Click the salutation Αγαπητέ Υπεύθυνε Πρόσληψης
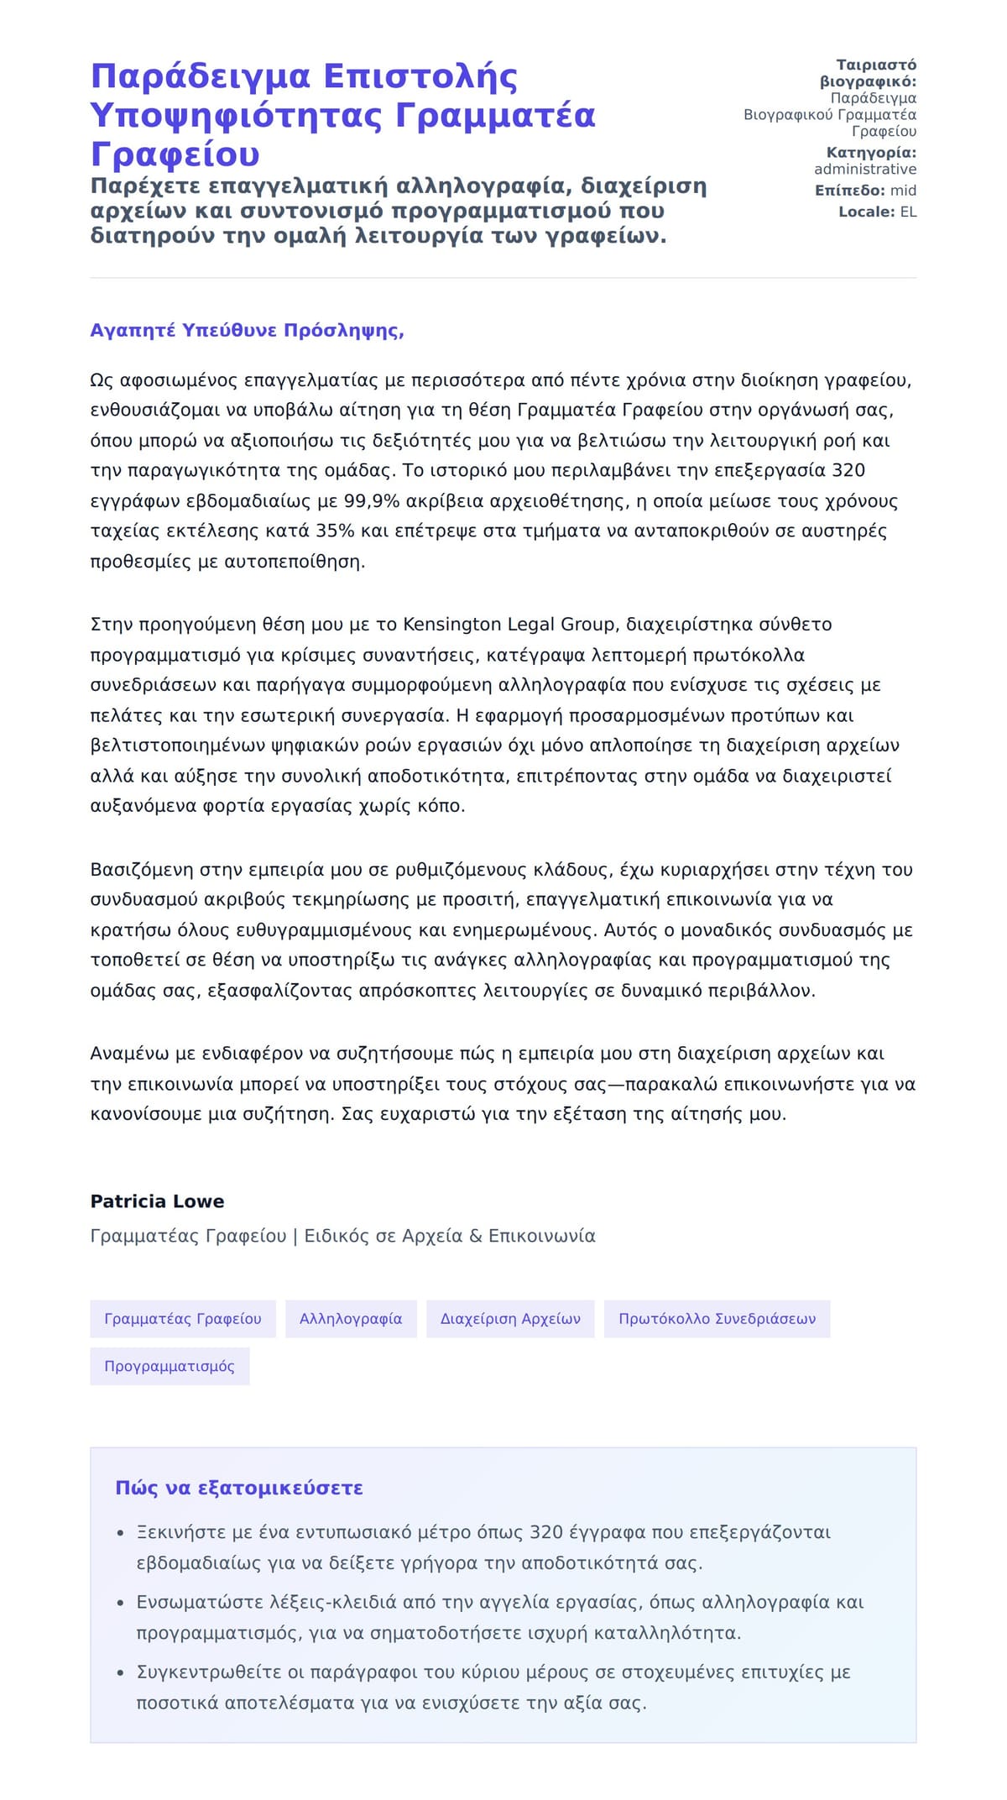(247, 331)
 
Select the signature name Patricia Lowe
(157, 1201)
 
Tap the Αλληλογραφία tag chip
(351, 1319)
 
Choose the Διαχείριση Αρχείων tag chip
(510, 1319)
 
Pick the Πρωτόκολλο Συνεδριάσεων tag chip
(717, 1319)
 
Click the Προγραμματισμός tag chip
(170, 1366)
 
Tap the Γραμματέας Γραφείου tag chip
(183, 1319)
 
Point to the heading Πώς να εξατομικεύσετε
(239, 1489)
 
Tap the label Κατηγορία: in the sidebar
(871, 153)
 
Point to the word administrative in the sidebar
(865, 170)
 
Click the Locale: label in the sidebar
(867, 212)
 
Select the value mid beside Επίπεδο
(903, 191)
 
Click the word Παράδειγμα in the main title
(201, 76)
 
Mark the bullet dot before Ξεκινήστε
(121, 1534)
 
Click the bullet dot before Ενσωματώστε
(121, 1604)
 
